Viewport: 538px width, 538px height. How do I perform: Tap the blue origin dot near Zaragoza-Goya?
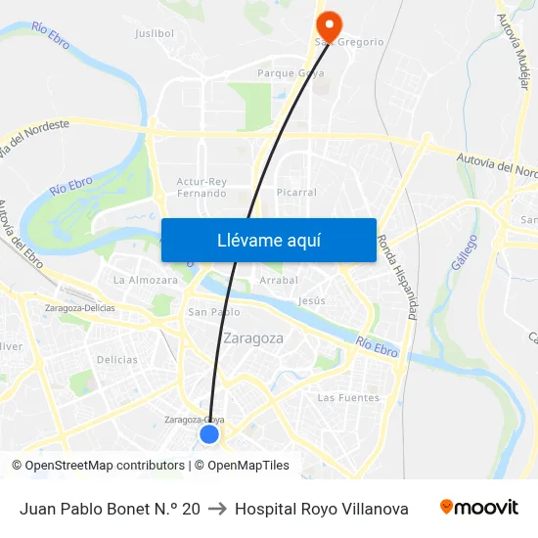coord(209,433)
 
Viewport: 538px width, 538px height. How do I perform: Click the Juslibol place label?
coord(154,33)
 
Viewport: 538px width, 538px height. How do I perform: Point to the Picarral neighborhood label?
coord(296,193)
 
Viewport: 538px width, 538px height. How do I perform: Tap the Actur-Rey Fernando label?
coord(202,187)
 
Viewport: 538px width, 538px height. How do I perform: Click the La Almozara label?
coord(146,280)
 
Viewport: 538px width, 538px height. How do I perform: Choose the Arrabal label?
coord(279,281)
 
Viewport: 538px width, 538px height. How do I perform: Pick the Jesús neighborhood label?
coord(311,300)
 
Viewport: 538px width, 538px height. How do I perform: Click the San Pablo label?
coord(213,312)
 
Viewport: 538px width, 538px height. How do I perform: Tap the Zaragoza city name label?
coord(253,338)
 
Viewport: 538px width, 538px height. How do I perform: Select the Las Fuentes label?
coord(348,397)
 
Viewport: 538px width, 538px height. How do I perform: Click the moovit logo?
coord(479,508)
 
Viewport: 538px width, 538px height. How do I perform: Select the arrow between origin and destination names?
coord(217,509)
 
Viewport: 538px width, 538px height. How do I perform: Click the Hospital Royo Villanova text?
coord(322,509)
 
